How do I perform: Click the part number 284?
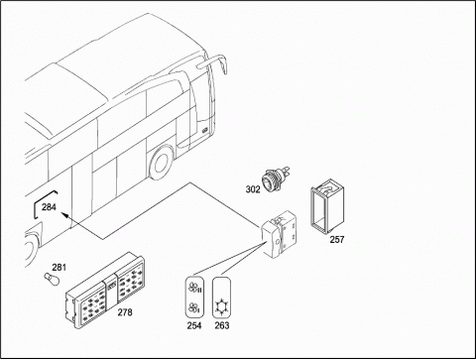(x=49, y=207)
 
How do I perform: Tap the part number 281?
(x=59, y=267)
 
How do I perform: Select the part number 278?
(x=125, y=312)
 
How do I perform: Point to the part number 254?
(x=194, y=325)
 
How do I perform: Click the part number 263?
(x=222, y=325)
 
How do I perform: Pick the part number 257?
(x=337, y=239)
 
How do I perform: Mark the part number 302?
(x=253, y=189)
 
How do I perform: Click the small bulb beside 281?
(x=52, y=280)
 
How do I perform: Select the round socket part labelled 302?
(x=275, y=180)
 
